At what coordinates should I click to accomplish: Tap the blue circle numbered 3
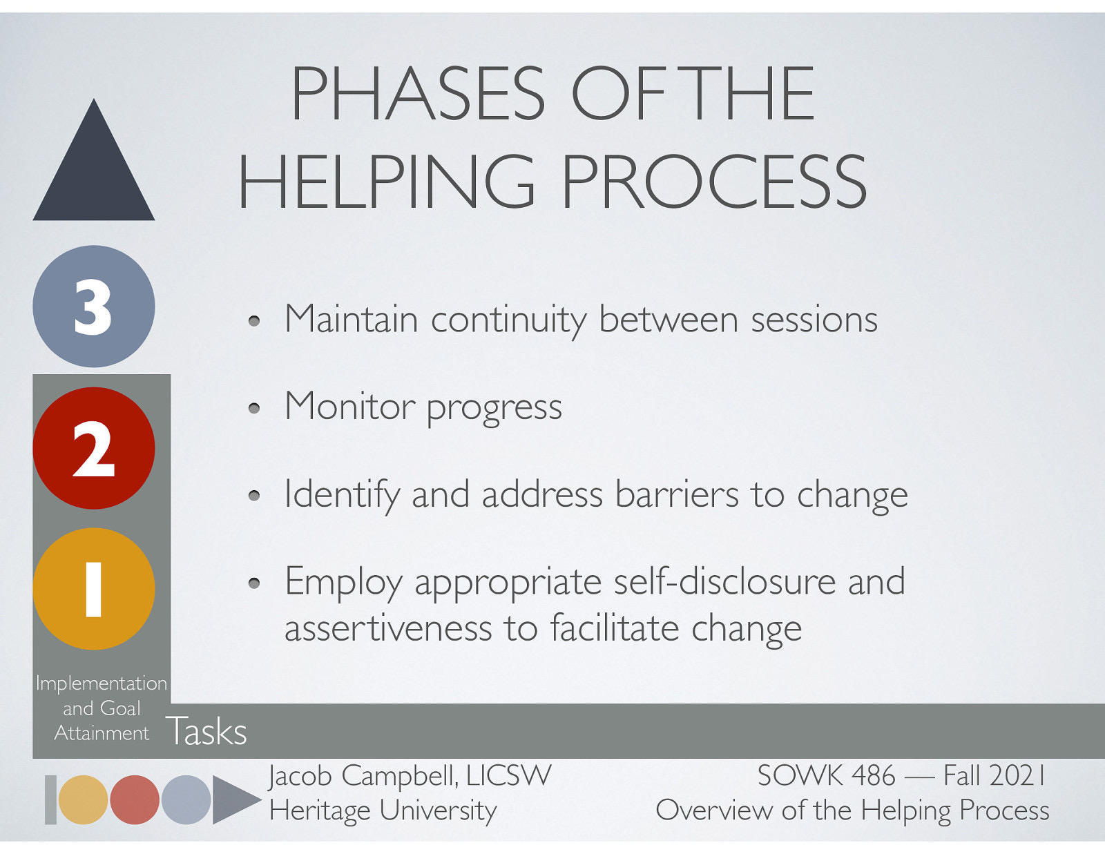pos(94,307)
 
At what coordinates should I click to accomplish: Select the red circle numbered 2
pos(94,448)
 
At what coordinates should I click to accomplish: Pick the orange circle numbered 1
pos(94,589)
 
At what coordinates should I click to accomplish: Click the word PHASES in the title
pos(418,94)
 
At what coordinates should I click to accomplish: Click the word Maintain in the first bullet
pos(351,320)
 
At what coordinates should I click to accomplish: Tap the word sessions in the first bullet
pos(814,320)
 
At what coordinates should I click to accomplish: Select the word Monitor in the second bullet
pos(349,407)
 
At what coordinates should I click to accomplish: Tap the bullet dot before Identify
pos(254,496)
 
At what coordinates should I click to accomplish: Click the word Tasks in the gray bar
pos(206,731)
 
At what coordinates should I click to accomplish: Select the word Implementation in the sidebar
pos(102,683)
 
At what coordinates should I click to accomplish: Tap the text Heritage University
pos(383,810)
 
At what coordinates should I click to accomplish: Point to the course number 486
pos(873,776)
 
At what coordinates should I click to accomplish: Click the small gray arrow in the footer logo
pos(232,799)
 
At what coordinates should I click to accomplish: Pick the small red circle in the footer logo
pos(135,799)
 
